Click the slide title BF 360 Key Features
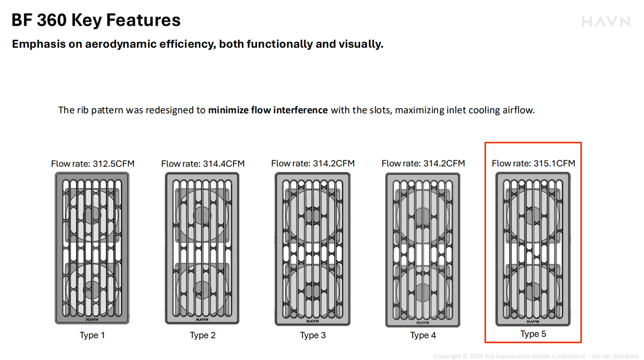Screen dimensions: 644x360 (96, 20)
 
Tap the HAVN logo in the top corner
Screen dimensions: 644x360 (606, 22)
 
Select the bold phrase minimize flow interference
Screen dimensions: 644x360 (268, 110)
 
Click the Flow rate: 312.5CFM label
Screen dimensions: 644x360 (93, 164)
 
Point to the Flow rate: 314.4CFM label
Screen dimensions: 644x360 (203, 164)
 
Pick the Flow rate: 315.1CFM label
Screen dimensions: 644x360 (533, 163)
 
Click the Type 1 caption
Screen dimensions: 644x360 (92, 335)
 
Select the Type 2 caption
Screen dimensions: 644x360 (203, 335)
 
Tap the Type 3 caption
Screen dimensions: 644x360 (313, 335)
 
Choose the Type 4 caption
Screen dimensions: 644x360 (423, 335)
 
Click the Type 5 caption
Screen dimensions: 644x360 (533, 334)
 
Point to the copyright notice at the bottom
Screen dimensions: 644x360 (538, 356)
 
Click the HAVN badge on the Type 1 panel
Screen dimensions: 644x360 (92, 319)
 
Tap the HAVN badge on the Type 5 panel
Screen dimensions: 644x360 (533, 321)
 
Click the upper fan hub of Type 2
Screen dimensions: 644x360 (202, 215)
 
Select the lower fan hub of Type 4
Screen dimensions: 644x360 (423, 292)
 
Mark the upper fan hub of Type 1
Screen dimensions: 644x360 (92, 215)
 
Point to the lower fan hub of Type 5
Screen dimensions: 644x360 (533, 291)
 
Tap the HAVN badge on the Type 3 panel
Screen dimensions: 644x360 (312, 321)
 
